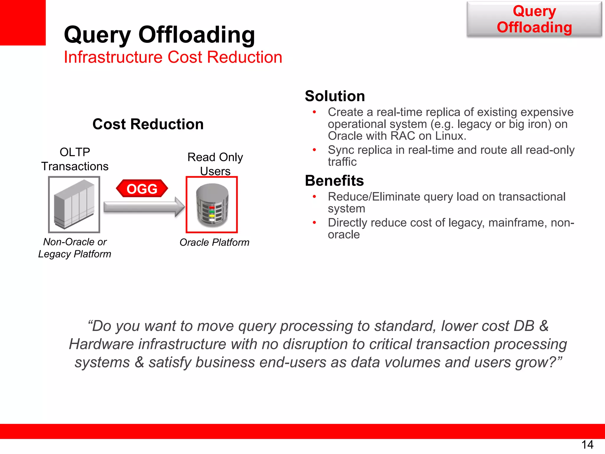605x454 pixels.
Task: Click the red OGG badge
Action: [x=142, y=189]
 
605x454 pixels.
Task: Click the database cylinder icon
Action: [x=212, y=205]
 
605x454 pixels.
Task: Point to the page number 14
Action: [x=587, y=445]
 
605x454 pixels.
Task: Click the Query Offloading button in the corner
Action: [x=534, y=19]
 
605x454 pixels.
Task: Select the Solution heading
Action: [x=335, y=96]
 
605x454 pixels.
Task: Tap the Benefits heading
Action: [x=334, y=181]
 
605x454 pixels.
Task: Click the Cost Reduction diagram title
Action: [x=148, y=124]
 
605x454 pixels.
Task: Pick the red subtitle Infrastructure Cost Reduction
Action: [x=173, y=57]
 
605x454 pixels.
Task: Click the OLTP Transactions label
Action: [x=75, y=159]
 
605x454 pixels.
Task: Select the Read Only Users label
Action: [x=215, y=164]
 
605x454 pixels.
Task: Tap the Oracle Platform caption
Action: [x=214, y=242]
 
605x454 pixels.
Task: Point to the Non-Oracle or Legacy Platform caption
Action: [x=75, y=248]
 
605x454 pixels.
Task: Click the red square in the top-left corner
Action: [x=23, y=22]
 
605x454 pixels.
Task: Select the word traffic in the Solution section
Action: [x=342, y=162]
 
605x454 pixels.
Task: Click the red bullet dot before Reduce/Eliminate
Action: [x=315, y=197]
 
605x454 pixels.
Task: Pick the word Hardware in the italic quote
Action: [x=101, y=344]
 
